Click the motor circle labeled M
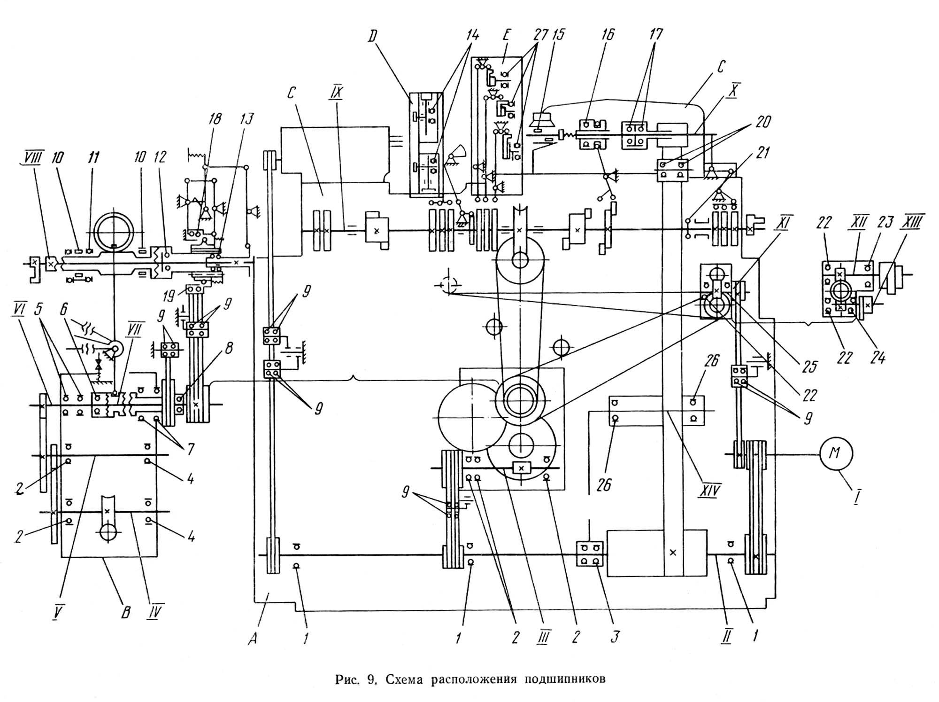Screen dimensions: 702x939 [836, 453]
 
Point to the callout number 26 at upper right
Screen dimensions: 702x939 [712, 361]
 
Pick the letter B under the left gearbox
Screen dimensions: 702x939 [125, 612]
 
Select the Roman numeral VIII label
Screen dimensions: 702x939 [32, 157]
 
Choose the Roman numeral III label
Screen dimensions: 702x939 [544, 637]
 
